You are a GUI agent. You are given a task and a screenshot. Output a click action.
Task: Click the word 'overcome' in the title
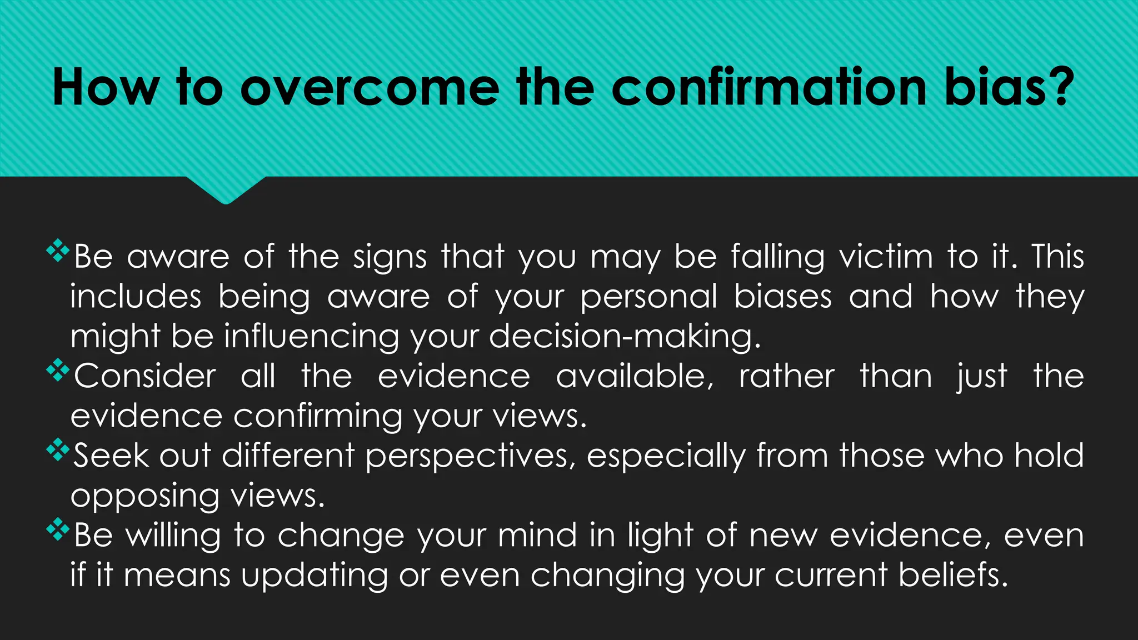[370, 87]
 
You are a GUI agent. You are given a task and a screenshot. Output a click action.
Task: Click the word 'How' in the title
[106, 87]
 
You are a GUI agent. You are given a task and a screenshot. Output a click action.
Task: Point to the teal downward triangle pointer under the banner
[226, 189]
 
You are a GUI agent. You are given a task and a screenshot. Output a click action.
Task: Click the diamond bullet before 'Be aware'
[58, 251]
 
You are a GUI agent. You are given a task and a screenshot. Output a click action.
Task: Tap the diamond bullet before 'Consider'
[58, 371]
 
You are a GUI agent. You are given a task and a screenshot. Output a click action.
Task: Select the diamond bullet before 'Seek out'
[58, 450]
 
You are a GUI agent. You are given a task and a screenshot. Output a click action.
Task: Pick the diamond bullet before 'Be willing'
[58, 529]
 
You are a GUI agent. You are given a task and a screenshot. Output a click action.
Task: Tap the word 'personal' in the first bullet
[649, 297]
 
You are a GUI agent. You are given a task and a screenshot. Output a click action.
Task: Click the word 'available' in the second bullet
[634, 377]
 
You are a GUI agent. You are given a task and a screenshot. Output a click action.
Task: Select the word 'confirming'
[317, 417]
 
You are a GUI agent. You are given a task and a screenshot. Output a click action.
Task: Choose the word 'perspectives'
[470, 457]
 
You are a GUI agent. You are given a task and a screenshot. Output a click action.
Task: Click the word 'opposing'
[144, 496]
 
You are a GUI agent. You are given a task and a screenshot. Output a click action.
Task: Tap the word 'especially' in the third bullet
[666, 457]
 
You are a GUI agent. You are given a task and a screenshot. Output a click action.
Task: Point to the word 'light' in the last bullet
[660, 536]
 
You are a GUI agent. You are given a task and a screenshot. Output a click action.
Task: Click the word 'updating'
[314, 576]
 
